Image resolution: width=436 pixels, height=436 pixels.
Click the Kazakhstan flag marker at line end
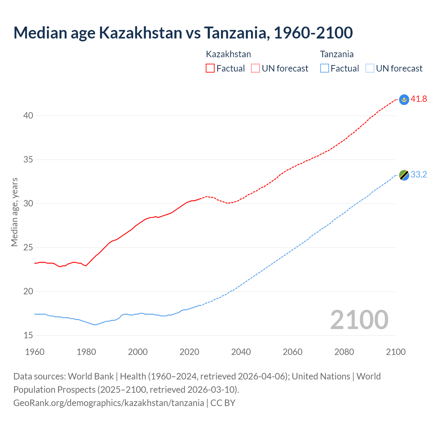[x=404, y=99]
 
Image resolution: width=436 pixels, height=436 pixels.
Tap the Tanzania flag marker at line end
[x=404, y=175]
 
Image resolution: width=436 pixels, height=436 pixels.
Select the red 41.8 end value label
[x=419, y=99]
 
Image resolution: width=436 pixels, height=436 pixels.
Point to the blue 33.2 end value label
[x=419, y=175]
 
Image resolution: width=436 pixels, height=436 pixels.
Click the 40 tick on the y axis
[x=28, y=116]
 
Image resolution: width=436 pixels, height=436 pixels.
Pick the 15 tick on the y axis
[x=28, y=336]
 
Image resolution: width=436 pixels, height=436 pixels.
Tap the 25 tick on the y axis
[x=28, y=248]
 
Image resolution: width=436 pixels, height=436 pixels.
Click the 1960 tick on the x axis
[x=35, y=352]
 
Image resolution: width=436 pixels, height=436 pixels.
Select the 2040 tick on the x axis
[x=241, y=352]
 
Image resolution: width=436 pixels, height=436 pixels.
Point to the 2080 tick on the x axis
[x=344, y=352]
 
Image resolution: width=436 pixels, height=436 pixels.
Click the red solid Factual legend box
[x=210, y=68]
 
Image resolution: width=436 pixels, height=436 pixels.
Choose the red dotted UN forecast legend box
[x=255, y=68]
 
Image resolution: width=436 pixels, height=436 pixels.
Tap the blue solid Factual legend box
[x=325, y=68]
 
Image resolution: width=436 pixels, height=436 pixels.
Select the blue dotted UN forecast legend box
[x=370, y=68]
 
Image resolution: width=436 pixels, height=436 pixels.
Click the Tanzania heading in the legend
[x=337, y=54]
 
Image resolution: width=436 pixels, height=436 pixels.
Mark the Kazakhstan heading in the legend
[x=228, y=54]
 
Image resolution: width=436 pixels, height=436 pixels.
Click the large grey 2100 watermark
[x=359, y=320]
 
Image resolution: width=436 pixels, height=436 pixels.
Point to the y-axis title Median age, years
[x=14, y=212]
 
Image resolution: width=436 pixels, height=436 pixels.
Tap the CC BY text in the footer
[x=223, y=403]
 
